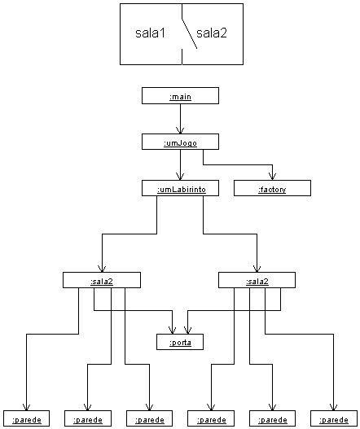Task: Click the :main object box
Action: click(x=180, y=96)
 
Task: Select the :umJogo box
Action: click(x=180, y=142)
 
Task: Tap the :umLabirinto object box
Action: click(x=180, y=188)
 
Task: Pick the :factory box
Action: click(x=272, y=188)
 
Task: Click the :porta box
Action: click(x=180, y=342)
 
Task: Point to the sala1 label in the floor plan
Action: click(x=151, y=33)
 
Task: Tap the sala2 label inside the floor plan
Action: click(x=212, y=33)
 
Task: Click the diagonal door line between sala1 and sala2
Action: click(x=190, y=33)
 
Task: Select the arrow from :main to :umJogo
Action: click(x=180, y=119)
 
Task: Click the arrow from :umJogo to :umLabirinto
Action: click(x=180, y=164)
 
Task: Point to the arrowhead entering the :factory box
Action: click(x=272, y=176)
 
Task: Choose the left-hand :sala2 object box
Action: click(x=102, y=280)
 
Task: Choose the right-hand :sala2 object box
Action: click(x=257, y=280)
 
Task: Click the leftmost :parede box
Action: click(x=27, y=418)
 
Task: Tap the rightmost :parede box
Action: click(x=334, y=418)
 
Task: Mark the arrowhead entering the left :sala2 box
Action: click(x=102, y=269)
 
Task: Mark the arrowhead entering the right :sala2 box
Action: click(x=257, y=269)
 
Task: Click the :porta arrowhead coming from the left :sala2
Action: click(x=172, y=331)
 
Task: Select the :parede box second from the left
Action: click(x=88, y=418)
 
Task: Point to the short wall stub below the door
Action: click(x=182, y=57)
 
